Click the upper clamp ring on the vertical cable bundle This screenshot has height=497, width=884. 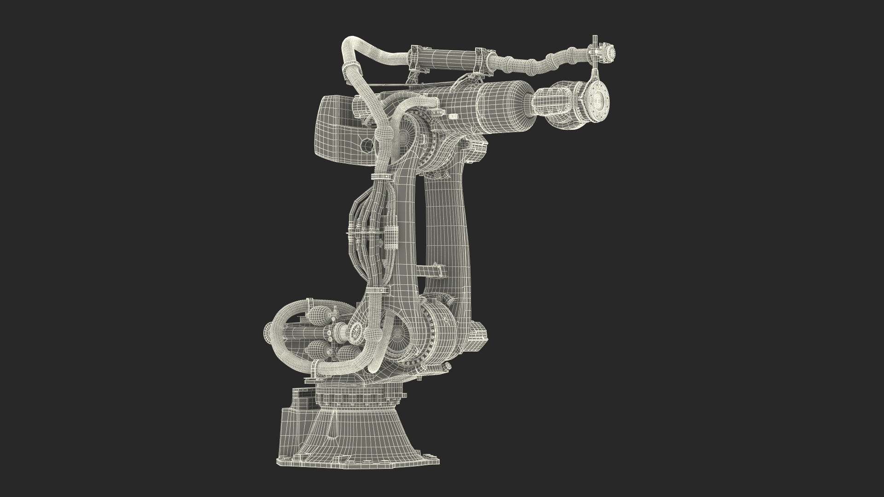tap(380, 177)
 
